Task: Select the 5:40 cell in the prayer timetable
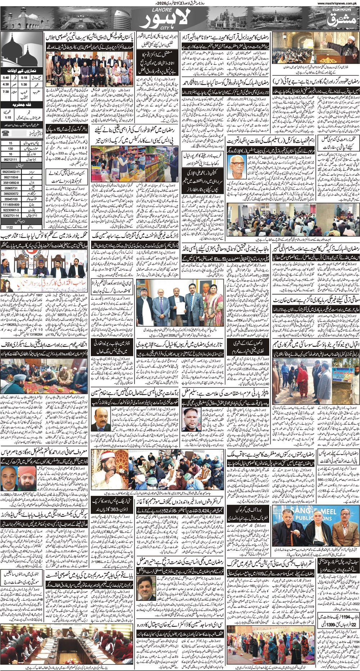coord(6,77)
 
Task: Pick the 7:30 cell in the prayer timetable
coord(6,91)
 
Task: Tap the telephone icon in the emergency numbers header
coord(6,133)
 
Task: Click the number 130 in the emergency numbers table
coord(11,148)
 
